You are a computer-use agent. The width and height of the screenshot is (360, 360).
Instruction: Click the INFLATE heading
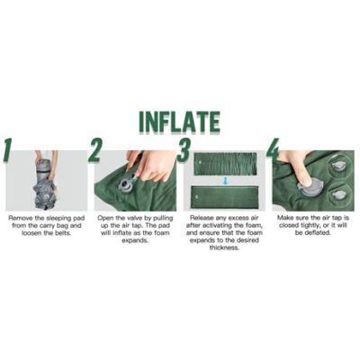[180, 122]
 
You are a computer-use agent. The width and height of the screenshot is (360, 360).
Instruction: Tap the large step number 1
[8, 150]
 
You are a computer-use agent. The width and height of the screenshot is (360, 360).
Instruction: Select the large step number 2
[94, 150]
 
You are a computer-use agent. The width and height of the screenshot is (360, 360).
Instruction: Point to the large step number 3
[183, 150]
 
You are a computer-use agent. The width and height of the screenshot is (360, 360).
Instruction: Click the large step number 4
[273, 150]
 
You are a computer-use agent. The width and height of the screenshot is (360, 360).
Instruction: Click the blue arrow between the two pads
[224, 181]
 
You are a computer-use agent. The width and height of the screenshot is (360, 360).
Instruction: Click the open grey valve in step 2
[127, 184]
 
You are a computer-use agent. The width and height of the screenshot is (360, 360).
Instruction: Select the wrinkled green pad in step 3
[225, 164]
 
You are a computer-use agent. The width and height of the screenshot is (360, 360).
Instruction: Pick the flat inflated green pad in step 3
[225, 197]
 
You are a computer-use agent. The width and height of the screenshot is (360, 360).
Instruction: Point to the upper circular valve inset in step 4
[339, 166]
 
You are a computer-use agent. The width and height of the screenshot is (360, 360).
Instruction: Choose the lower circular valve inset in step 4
[339, 193]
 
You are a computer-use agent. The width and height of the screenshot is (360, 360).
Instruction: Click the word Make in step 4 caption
[284, 218]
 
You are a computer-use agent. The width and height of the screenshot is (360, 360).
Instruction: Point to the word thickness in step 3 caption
[224, 247]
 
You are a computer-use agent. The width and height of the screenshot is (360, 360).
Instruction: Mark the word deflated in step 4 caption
[318, 233]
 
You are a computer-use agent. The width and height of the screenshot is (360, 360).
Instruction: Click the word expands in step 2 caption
[135, 240]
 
